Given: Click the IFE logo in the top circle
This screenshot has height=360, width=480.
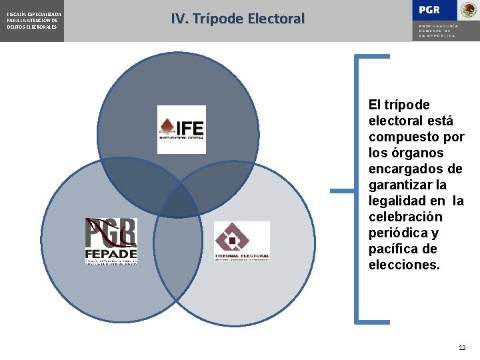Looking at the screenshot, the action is [181, 129].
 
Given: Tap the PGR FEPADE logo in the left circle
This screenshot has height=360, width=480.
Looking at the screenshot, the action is [111, 241].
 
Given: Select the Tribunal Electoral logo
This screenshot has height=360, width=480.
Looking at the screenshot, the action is [241, 241].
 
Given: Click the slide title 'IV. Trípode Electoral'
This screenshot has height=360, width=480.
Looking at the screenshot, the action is [237, 19].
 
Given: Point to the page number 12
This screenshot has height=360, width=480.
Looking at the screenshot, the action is [463, 348].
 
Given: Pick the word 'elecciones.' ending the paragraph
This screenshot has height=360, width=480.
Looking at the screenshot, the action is [404, 265].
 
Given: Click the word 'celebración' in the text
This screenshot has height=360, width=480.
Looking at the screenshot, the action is [405, 217].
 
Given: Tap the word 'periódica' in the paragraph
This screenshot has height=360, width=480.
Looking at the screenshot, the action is [397, 233].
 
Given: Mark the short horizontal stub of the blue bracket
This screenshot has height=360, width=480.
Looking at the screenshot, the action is [343, 191].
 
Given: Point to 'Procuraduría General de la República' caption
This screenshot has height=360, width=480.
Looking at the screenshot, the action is [437, 31].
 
